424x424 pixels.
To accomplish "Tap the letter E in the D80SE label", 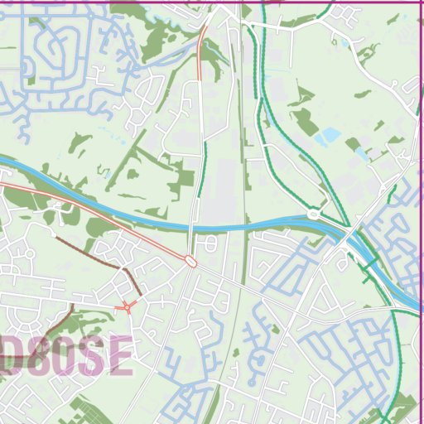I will coord(118,356).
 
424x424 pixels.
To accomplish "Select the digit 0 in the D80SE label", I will coord(65,356).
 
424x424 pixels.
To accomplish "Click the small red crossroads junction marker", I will coord(128,308).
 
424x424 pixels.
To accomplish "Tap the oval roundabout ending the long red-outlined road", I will coord(191,261).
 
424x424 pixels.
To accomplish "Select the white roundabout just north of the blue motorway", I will coord(313,214).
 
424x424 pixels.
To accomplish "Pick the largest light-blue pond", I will coord(331,133).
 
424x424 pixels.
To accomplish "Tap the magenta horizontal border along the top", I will coord(331,2).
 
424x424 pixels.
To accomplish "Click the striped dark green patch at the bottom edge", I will coord(91,414).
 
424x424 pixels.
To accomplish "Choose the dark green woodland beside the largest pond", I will coord(306,122).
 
